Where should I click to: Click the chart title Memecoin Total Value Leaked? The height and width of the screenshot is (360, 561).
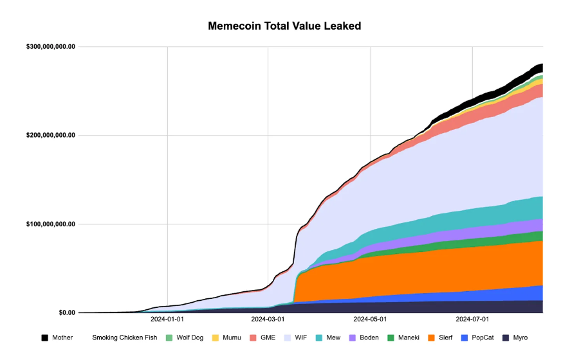point(284,26)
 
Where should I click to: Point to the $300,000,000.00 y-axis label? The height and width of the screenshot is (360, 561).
point(51,47)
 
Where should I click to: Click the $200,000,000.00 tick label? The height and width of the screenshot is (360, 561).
point(51,136)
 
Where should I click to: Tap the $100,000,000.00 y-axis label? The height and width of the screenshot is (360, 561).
point(51,224)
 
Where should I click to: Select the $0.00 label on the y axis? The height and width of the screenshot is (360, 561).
point(67,313)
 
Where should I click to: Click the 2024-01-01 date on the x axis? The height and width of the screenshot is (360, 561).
point(167,319)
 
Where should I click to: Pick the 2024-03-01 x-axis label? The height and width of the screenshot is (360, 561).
point(269,319)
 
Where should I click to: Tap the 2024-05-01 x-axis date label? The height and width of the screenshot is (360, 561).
point(371,319)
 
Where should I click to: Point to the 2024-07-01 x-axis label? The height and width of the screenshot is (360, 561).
point(472,319)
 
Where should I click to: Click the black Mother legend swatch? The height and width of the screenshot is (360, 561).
point(45,337)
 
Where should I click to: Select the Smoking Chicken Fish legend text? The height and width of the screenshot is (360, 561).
point(124,337)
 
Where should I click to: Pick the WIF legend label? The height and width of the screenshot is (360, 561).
point(300,337)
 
